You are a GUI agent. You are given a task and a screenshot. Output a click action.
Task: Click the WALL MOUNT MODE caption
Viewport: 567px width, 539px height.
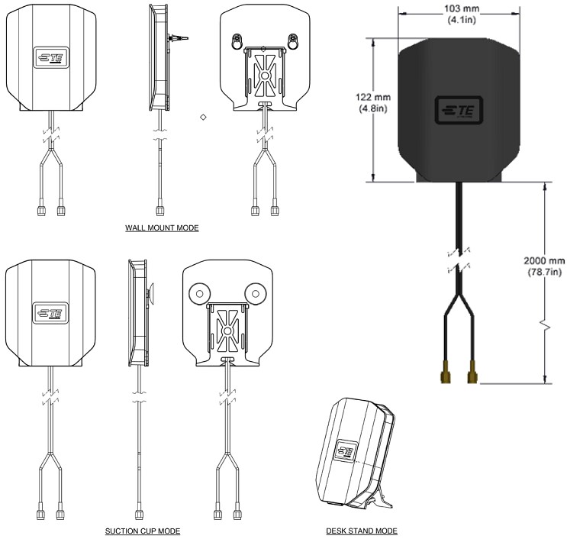tap(161, 228)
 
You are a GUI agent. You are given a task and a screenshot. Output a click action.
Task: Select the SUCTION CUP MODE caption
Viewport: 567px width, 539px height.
tap(145, 530)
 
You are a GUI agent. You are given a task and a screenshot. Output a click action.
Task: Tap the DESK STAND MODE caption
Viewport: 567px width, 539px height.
tap(361, 530)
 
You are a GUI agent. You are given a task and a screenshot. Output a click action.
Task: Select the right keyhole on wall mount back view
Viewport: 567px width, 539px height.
tap(294, 38)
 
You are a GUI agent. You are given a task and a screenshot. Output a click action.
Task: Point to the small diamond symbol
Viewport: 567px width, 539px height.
tap(203, 117)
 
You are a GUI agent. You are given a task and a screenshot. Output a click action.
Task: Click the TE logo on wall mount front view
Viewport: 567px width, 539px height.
tap(50, 58)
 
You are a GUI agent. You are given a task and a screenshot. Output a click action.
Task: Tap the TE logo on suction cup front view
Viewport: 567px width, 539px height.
tap(50, 312)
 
